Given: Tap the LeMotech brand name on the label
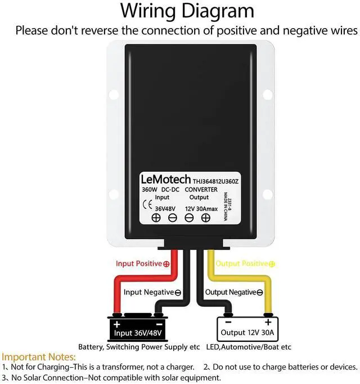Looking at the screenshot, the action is (x=165, y=180).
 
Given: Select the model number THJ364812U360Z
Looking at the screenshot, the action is (x=217, y=181).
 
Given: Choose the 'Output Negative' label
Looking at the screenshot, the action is (x=231, y=292).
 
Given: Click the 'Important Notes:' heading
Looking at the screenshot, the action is (x=38, y=357).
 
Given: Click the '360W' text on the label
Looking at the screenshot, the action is (x=150, y=190).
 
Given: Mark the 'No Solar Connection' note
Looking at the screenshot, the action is (x=113, y=378).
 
